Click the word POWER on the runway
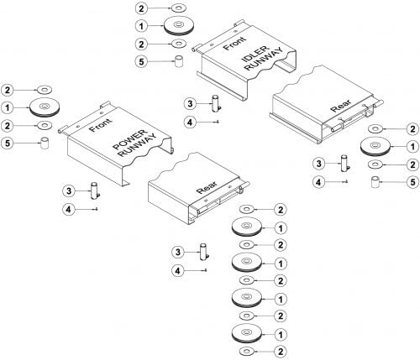coord(129,139)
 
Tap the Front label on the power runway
coord(100,125)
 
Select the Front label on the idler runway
coord(234,44)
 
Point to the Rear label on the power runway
coord(207,187)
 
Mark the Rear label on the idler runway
coord(341,106)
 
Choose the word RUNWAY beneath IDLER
coord(264,60)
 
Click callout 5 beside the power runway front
coord(8,143)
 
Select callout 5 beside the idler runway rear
coord(412,182)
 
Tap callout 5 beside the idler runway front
coord(141,61)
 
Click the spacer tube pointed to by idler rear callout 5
coord(375,182)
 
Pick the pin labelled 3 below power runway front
coord(94,190)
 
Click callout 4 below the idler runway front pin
coord(190,123)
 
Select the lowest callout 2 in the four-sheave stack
coord(281,352)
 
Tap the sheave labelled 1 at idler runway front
coord(178,26)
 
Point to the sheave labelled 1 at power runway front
coord(45,107)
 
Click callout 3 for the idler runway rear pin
coord(319,164)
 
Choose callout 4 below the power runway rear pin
coord(178,270)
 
